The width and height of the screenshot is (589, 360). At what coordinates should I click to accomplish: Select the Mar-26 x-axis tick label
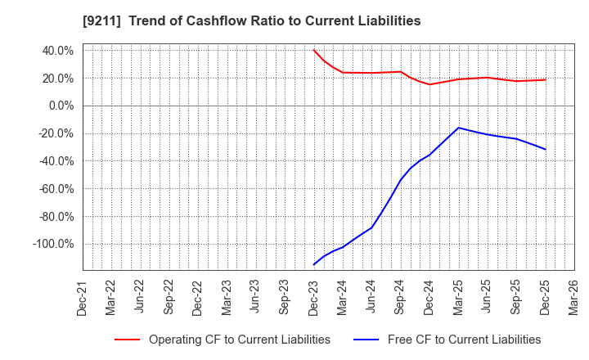pyautogui.click(x=573, y=297)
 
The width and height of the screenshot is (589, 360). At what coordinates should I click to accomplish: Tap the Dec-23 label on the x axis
pyautogui.click(x=314, y=297)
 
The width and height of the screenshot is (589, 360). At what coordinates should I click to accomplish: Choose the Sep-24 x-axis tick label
pyautogui.click(x=401, y=297)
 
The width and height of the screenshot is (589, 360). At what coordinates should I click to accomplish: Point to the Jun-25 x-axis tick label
pyautogui.click(x=488, y=297)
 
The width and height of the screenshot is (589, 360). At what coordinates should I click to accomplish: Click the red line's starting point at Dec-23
pyautogui.click(x=314, y=50)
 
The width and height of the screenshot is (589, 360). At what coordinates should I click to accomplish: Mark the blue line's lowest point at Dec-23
pyautogui.click(x=314, y=264)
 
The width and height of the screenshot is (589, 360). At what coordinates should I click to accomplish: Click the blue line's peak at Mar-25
pyautogui.click(x=458, y=128)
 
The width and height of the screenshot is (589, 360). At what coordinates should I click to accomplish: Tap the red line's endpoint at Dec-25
pyautogui.click(x=545, y=79)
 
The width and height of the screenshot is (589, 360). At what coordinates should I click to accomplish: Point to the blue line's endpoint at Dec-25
pyautogui.click(x=545, y=149)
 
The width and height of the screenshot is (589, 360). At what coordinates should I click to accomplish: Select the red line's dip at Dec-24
pyautogui.click(x=429, y=84)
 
